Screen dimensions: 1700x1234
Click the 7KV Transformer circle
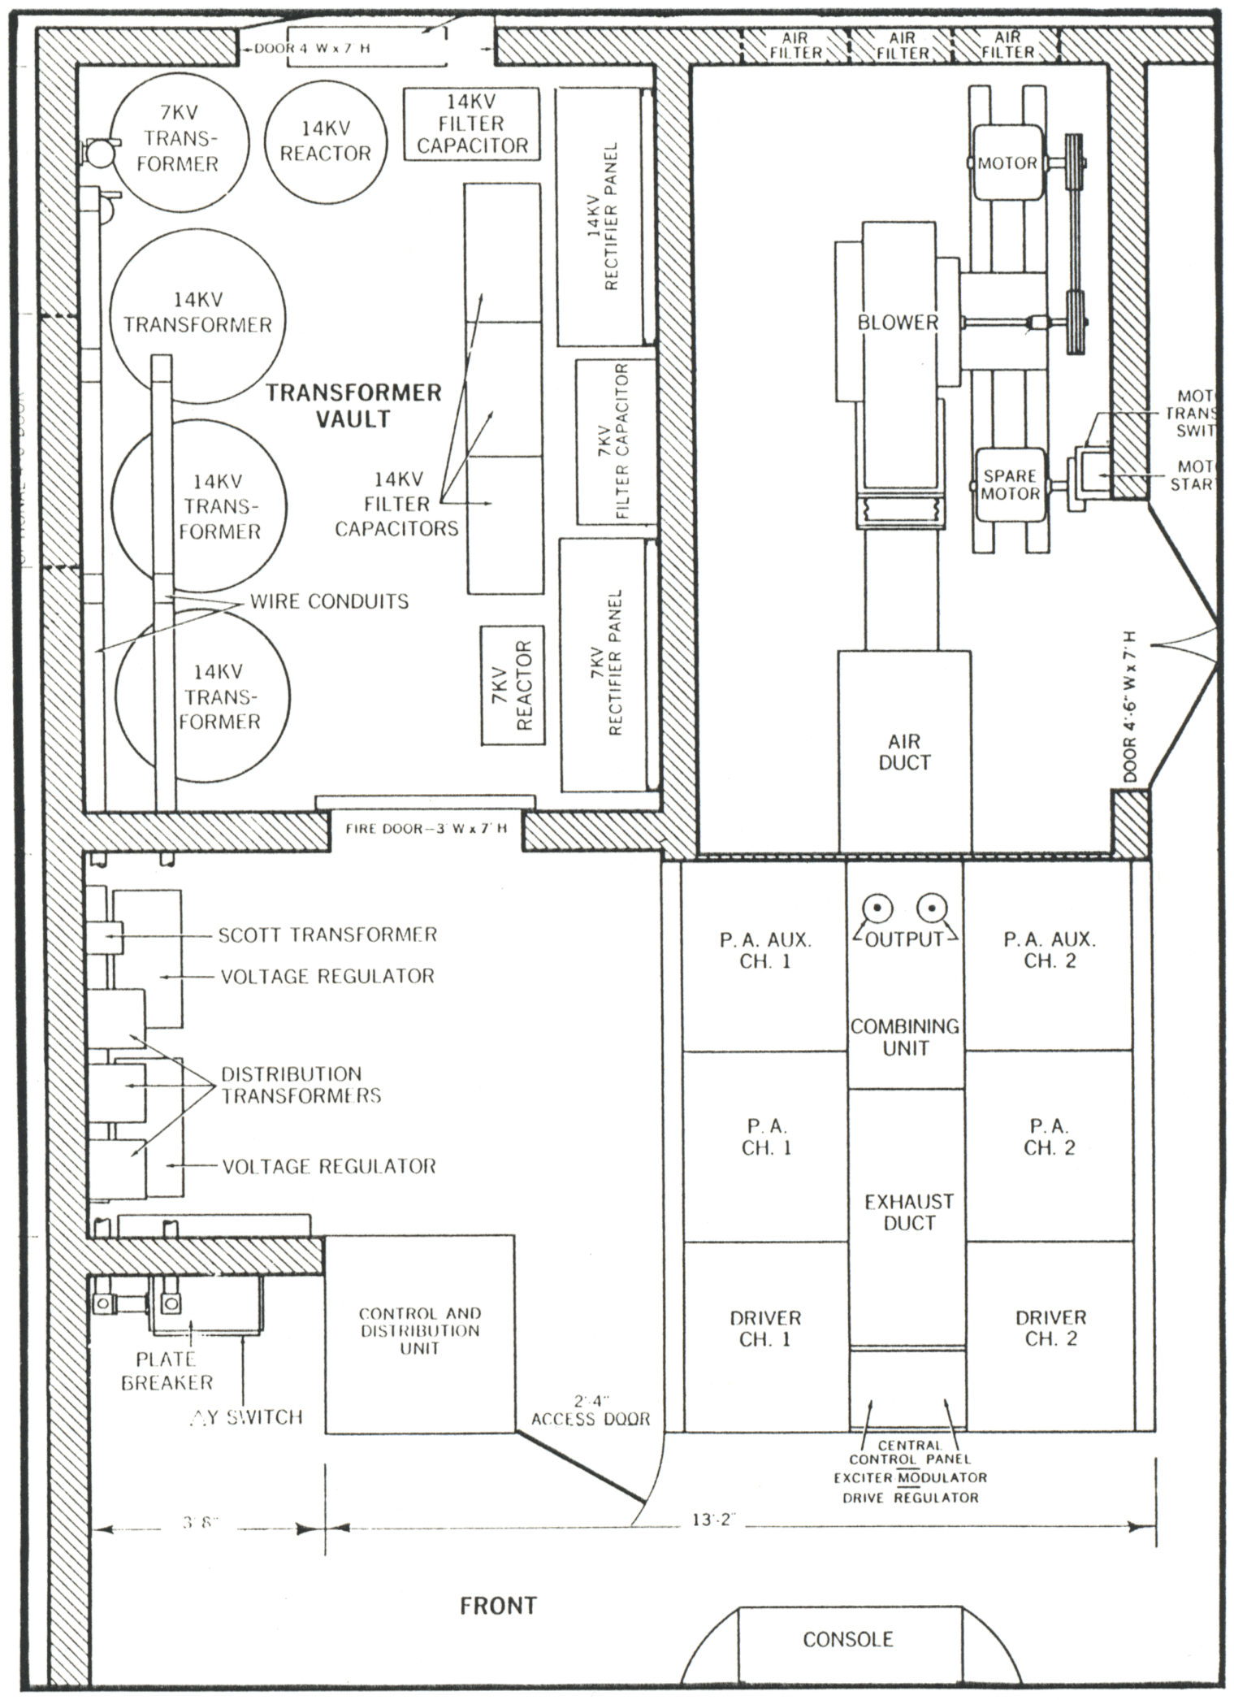[177, 138]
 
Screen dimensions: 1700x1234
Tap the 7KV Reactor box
[513, 685]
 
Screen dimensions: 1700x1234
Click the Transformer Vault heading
[354, 405]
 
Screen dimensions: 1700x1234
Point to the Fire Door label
[426, 829]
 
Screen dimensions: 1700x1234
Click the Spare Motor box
[1010, 485]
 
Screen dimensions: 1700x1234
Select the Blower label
[898, 323]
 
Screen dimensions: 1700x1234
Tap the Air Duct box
[904, 752]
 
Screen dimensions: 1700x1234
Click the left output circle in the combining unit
[878, 908]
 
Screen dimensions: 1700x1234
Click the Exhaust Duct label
[908, 1212]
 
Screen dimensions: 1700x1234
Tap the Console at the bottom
[848, 1638]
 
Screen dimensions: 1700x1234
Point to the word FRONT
[498, 1606]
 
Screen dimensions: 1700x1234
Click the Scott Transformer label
[327, 935]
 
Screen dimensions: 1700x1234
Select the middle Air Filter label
[902, 46]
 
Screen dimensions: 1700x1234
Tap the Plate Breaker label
[167, 1370]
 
